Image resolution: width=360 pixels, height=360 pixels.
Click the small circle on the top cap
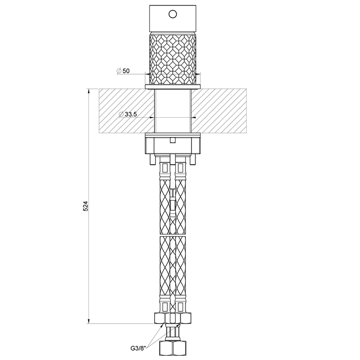(x=172, y=14)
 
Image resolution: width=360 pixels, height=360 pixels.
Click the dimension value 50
(x=126, y=71)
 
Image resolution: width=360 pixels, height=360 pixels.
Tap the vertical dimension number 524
(x=85, y=206)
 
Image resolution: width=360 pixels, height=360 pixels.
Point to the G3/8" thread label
(x=138, y=348)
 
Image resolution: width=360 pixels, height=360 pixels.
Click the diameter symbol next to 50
(x=119, y=71)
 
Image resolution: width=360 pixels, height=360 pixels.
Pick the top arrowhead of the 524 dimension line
(x=89, y=91)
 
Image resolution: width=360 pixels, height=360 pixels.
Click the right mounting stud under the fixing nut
(x=194, y=159)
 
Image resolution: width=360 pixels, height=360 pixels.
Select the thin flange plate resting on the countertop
(x=172, y=87)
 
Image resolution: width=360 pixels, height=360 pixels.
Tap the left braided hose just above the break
(x=164, y=212)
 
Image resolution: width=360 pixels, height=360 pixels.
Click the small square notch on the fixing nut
(x=172, y=140)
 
